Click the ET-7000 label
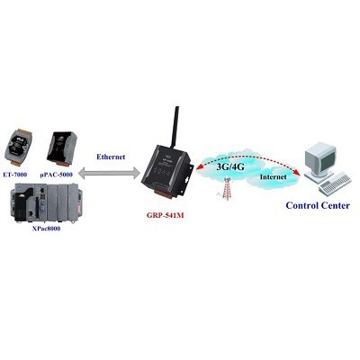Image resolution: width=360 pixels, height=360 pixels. [15, 175]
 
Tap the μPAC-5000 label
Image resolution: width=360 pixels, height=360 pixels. [57, 175]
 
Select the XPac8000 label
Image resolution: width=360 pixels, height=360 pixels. [46, 229]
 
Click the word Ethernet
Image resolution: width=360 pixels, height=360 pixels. [111, 157]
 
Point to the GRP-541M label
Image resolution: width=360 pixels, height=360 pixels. [165, 215]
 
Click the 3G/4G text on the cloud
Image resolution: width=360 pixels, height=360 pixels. [230, 166]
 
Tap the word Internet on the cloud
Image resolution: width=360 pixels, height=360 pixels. [273, 177]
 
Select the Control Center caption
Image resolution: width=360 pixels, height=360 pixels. [318, 206]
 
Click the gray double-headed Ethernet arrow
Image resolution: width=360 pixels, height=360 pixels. [109, 174]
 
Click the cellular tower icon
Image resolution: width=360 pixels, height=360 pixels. [227, 189]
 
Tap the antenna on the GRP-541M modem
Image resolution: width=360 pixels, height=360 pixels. [175, 127]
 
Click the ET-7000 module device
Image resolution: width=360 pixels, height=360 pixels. [18, 148]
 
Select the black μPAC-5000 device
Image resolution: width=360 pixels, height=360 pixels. [62, 148]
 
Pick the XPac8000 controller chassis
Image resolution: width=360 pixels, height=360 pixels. [49, 203]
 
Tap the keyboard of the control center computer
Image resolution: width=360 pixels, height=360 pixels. [335, 184]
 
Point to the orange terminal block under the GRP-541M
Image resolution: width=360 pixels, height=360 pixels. [164, 194]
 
